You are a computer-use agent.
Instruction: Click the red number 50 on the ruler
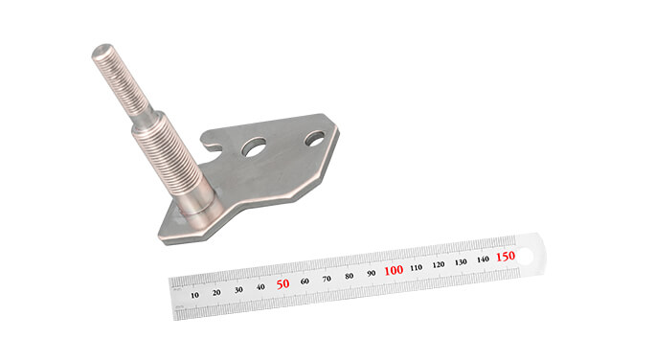pos(282,283)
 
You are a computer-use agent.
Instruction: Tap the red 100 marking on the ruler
pos(393,271)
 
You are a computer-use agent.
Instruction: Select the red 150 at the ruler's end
pos(505,257)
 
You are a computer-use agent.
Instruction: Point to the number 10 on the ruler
pos(195,294)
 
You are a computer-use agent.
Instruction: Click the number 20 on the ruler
pos(216,291)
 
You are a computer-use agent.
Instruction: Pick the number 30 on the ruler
pos(238,288)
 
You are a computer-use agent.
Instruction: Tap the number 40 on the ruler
pos(260,286)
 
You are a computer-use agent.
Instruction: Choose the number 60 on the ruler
pos(305,281)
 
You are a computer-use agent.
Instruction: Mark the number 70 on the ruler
pos(327,278)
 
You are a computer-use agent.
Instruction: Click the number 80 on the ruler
pos(349,276)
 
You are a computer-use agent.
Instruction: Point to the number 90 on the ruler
pos(371,273)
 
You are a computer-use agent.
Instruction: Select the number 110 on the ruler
pos(416,267)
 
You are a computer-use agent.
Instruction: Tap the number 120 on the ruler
pos(439,264)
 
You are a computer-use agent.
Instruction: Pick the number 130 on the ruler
pos(461,261)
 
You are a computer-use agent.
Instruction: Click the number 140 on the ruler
pos(483,259)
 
